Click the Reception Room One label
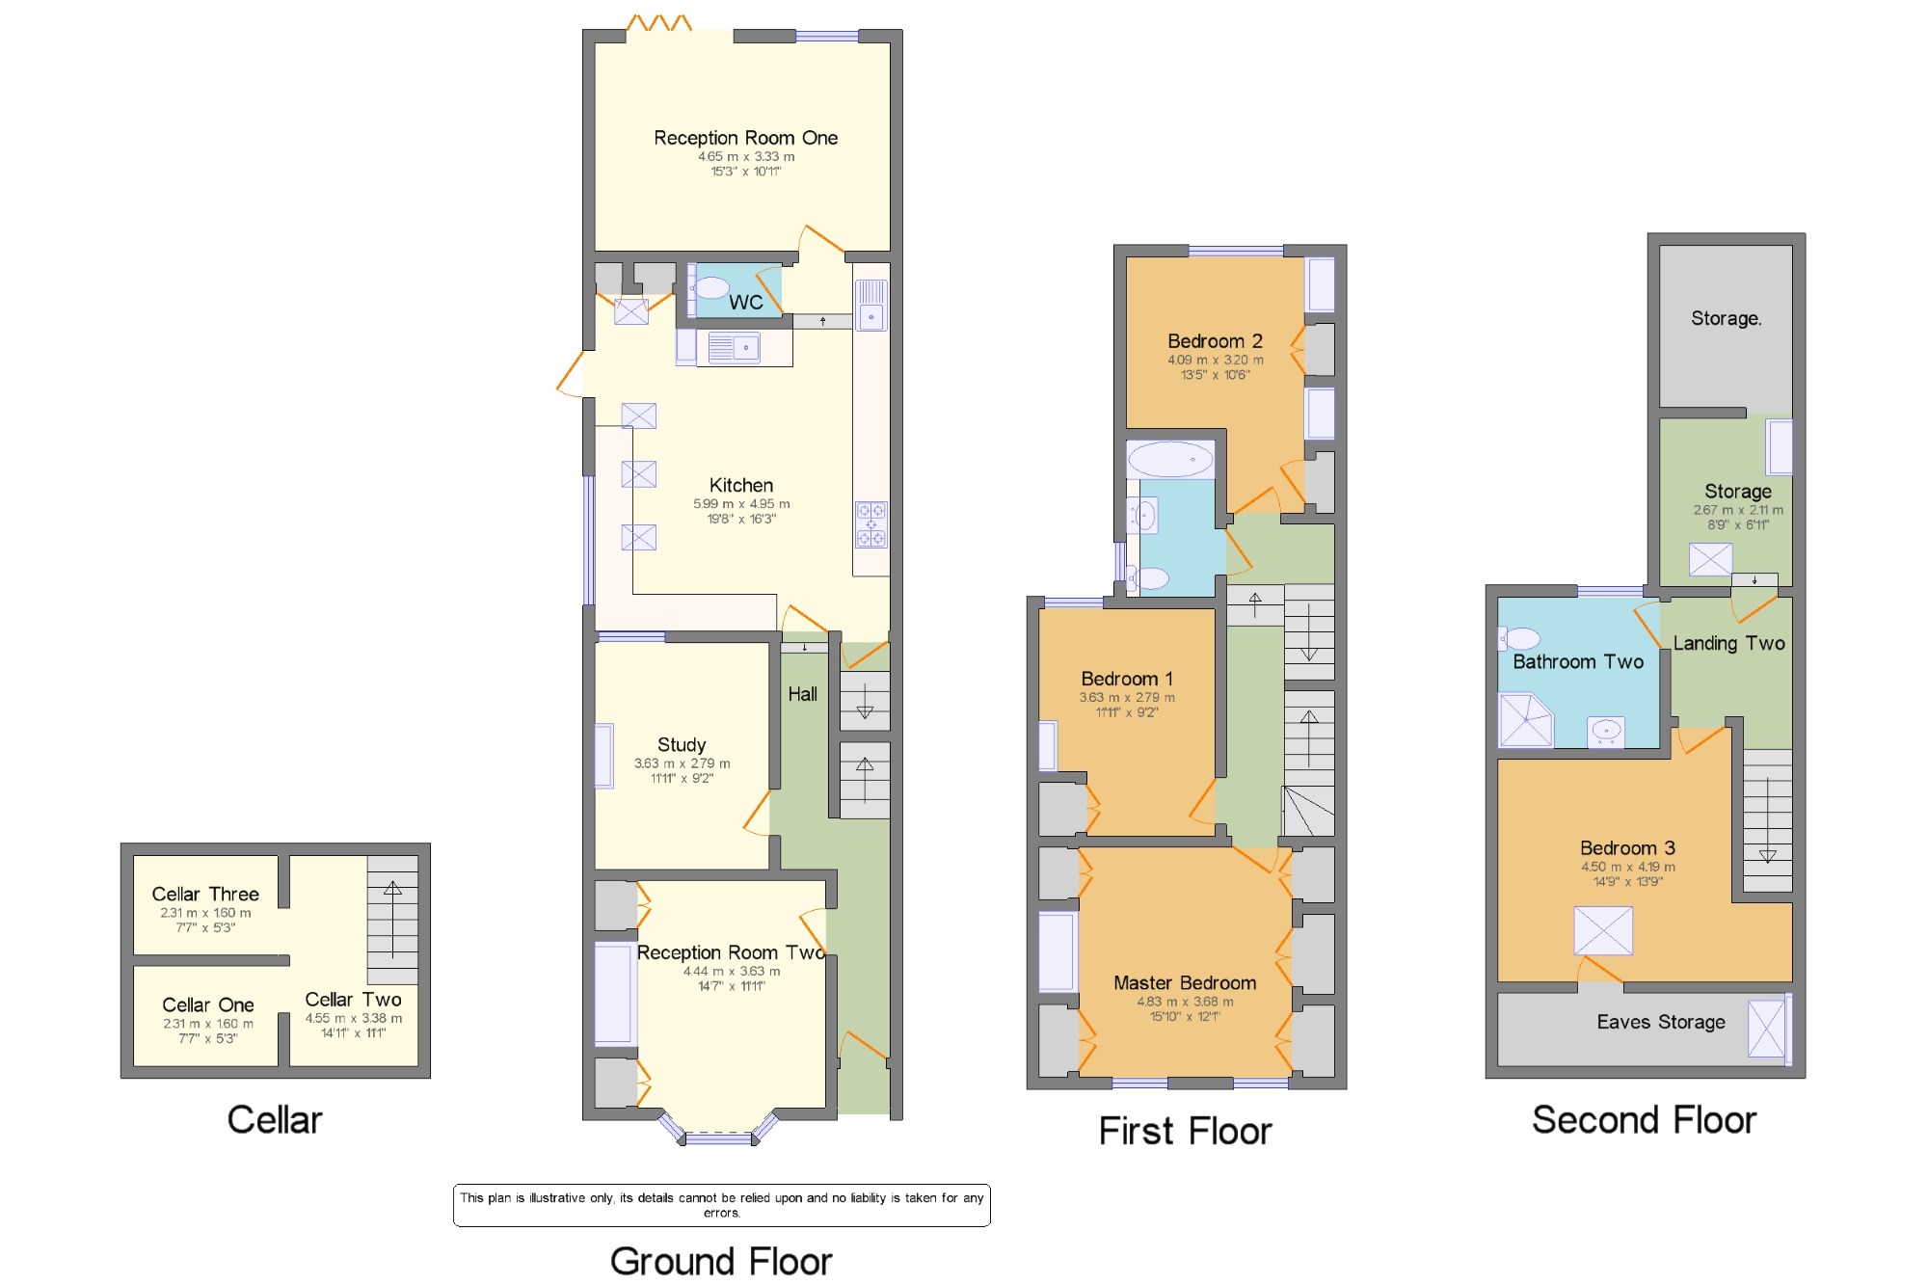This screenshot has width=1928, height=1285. click(x=745, y=138)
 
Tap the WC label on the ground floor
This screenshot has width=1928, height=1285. click(x=746, y=303)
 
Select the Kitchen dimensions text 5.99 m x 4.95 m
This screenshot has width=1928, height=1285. click(x=741, y=504)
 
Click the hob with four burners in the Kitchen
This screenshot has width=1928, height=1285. click(x=871, y=524)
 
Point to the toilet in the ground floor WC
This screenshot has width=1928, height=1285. click(x=710, y=287)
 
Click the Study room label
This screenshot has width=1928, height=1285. click(x=682, y=745)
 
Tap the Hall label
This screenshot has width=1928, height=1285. click(x=802, y=694)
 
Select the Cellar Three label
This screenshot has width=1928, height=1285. click(x=205, y=895)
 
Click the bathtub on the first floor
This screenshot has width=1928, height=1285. click(x=1170, y=460)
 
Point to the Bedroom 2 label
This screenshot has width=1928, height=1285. click(x=1215, y=341)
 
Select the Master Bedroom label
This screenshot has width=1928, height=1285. click(x=1185, y=983)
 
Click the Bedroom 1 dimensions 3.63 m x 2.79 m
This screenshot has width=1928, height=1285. click(x=1127, y=698)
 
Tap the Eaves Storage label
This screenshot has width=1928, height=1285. click(x=1661, y=1022)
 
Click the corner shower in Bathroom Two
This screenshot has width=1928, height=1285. click(x=1525, y=720)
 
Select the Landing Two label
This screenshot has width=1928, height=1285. click(x=1729, y=644)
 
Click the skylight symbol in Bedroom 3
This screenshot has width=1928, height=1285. click(x=1603, y=931)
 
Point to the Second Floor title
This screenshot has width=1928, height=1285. click(x=1645, y=1120)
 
